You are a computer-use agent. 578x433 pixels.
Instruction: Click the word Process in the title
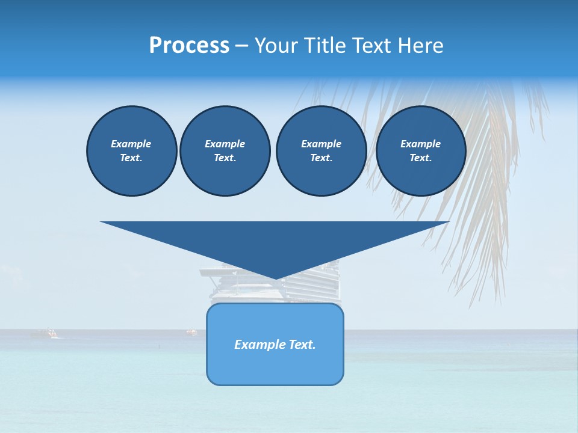189,46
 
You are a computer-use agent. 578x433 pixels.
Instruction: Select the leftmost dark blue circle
131,151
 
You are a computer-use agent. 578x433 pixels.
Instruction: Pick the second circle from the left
225,151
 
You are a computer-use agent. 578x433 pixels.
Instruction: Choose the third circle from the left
321,151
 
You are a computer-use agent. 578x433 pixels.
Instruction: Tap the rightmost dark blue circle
420,151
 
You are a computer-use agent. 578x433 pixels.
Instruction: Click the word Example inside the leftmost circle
131,144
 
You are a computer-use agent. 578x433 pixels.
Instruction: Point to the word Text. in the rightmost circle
420,158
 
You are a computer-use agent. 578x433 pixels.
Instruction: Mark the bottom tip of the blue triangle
275,278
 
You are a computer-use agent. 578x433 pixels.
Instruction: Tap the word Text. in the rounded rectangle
300,345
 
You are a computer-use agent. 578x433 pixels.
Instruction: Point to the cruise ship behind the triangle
313,289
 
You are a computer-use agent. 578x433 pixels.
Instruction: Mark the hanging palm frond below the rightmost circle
482,241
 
